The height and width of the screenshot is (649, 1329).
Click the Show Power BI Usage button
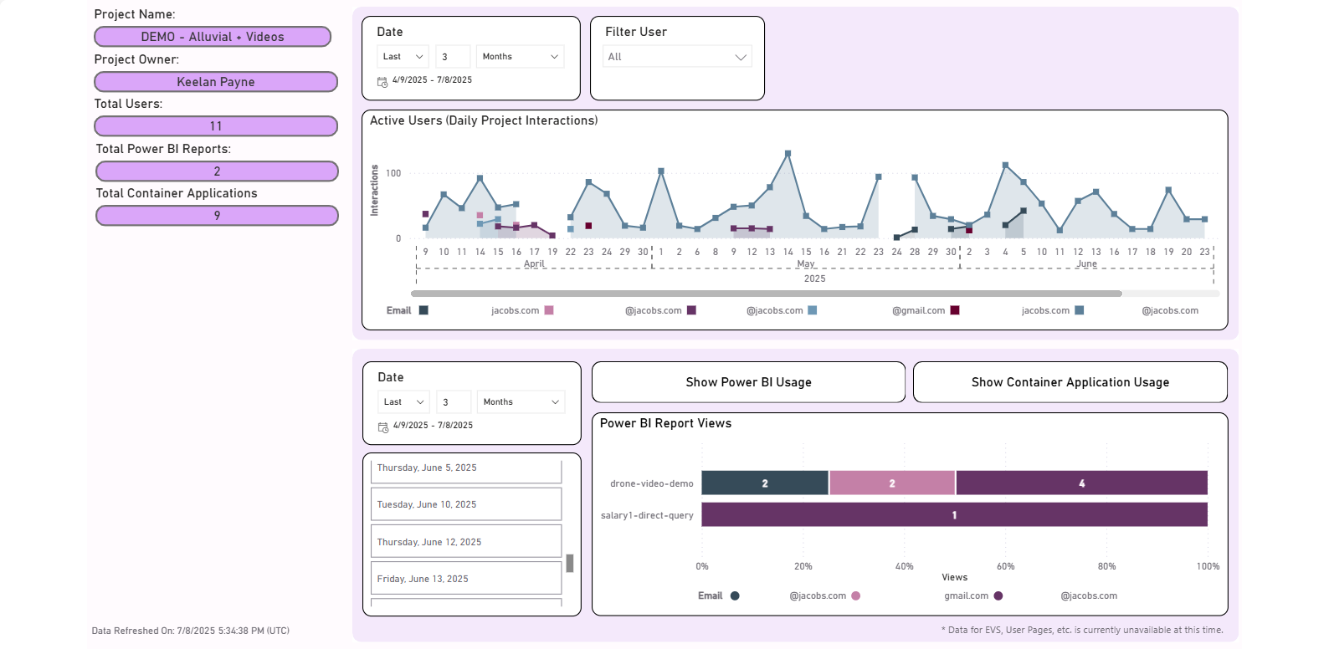coord(748,382)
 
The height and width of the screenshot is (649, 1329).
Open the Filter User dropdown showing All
coord(677,57)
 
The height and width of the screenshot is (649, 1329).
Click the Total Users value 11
coord(216,126)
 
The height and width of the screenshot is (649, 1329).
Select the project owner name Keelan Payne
coord(216,82)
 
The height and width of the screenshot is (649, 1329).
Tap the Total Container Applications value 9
coord(217,216)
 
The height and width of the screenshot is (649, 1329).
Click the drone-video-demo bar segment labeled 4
coord(1081,483)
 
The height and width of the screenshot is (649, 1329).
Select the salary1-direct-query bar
coord(954,515)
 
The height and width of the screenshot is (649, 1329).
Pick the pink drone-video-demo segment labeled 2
coord(892,483)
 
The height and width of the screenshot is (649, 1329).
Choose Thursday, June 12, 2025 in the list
coord(465,542)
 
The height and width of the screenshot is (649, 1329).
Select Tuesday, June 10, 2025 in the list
coord(465,505)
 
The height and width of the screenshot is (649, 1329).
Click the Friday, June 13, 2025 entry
coord(465,579)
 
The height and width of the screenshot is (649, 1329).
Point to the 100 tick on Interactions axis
coord(393,173)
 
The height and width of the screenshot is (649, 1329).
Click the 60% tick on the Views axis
coord(1006,566)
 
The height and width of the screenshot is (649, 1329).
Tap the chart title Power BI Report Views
coord(665,423)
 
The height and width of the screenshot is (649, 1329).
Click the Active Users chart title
coord(484,120)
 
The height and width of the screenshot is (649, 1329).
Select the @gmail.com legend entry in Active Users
coord(919,310)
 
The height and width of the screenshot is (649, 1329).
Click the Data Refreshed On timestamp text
coord(191,631)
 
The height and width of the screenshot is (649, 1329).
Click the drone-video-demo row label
coord(651,483)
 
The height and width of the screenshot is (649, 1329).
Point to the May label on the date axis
coord(805,263)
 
